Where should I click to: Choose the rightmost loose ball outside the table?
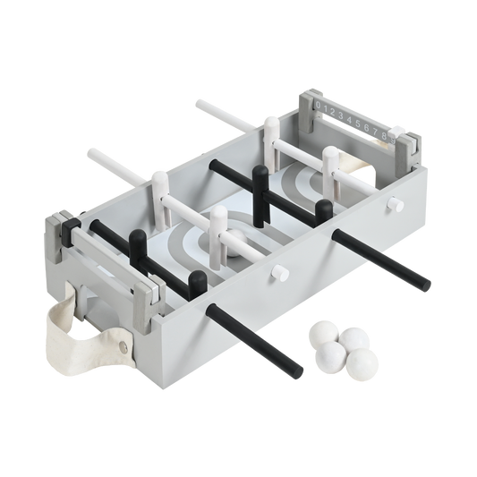364,362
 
